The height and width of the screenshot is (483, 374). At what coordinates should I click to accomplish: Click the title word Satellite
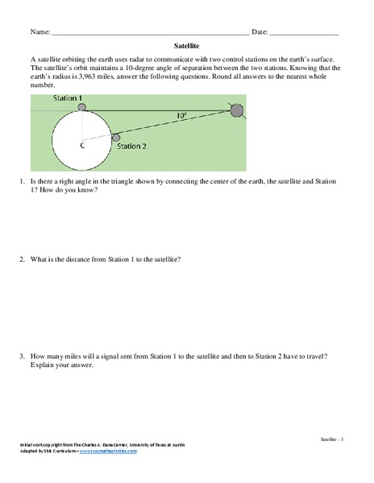point(187,47)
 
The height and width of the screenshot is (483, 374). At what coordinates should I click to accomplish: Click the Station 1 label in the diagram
point(68,98)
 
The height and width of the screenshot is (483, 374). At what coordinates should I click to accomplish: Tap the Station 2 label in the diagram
point(132,147)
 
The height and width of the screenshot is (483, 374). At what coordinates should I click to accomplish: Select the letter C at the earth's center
point(81,145)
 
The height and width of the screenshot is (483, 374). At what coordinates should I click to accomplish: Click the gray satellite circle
point(237,111)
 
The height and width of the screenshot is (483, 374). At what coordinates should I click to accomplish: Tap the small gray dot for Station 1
point(81,106)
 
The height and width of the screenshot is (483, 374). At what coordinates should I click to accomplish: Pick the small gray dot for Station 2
point(115,138)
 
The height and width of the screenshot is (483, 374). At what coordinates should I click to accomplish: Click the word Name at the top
point(40,31)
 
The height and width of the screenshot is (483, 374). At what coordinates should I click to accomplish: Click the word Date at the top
point(260,31)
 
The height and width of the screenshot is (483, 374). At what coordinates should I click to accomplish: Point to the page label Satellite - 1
point(331,439)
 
